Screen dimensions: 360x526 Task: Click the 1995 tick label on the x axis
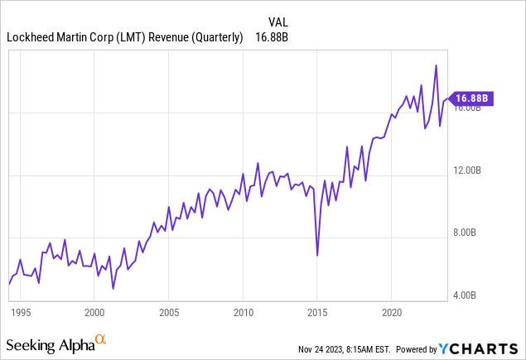(21, 314)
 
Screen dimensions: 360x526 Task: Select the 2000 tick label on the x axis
(94, 314)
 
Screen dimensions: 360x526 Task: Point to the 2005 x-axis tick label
(168, 314)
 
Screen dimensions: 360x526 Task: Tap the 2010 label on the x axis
(243, 314)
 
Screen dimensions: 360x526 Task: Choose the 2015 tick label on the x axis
(316, 314)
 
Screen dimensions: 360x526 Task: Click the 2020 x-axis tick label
(390, 314)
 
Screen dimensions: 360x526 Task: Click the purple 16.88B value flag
(471, 98)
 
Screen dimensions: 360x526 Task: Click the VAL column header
(279, 22)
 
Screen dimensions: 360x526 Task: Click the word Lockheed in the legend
(31, 36)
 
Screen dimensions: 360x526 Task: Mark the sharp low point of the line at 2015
(317, 255)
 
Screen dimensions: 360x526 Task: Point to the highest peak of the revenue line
(436, 65)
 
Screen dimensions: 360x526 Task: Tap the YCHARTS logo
(480, 348)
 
